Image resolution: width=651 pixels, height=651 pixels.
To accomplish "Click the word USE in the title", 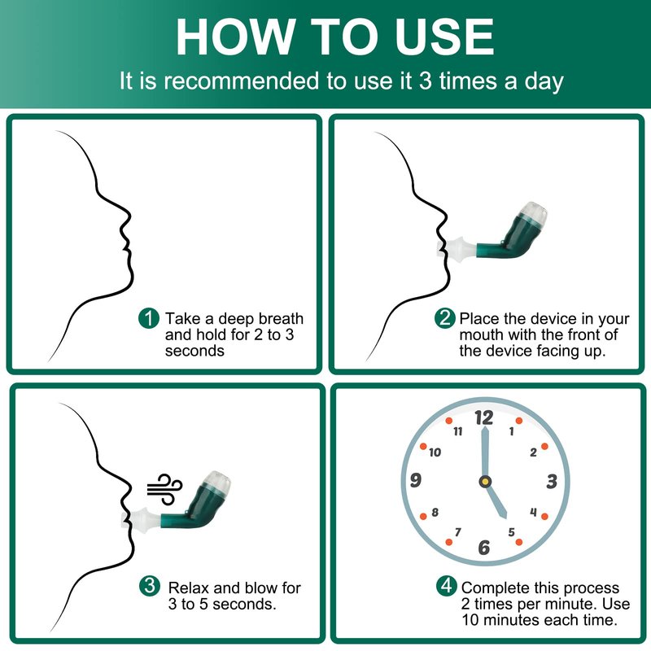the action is pyautogui.click(x=444, y=37).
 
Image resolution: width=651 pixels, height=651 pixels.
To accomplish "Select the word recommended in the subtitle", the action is pyautogui.click(x=241, y=81).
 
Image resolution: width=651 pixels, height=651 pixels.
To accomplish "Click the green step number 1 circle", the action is pyautogui.click(x=149, y=318).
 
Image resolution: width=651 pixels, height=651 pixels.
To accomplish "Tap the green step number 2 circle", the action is pyautogui.click(x=444, y=318).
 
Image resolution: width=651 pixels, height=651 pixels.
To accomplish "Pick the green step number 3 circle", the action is pyautogui.click(x=150, y=586).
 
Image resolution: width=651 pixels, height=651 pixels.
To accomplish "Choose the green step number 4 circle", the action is pyautogui.click(x=446, y=586).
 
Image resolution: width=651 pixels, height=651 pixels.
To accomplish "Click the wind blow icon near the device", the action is pyautogui.click(x=165, y=489).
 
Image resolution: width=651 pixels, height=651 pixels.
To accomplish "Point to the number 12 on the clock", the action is pyautogui.click(x=484, y=417).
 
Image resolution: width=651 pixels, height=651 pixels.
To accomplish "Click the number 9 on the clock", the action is pyautogui.click(x=416, y=480).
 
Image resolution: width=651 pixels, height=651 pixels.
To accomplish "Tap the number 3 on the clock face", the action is pyautogui.click(x=552, y=482).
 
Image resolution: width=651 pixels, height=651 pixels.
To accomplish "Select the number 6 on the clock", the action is pyautogui.click(x=483, y=547).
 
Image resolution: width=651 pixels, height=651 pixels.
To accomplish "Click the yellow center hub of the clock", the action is pyautogui.click(x=485, y=482).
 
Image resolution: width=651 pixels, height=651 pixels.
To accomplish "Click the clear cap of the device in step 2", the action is pyautogui.click(x=534, y=213).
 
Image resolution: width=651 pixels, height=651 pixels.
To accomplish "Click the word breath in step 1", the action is pyautogui.click(x=282, y=318).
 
